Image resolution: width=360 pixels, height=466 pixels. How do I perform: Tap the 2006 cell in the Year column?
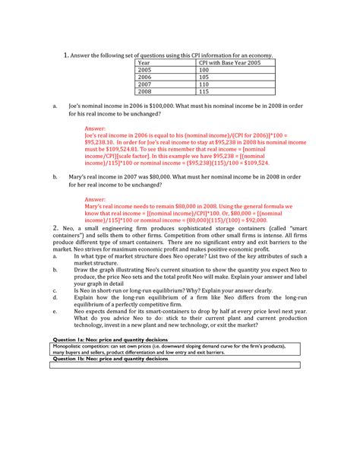click(x=144, y=77)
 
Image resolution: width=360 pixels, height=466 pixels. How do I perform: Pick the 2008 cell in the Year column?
click(x=144, y=91)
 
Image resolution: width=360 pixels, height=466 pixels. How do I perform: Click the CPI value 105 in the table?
click(x=204, y=77)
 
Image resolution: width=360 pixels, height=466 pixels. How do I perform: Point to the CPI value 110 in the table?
click(x=204, y=84)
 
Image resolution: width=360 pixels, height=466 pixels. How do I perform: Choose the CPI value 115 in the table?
click(x=204, y=91)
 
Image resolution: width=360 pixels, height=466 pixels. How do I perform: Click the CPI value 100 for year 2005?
click(x=204, y=70)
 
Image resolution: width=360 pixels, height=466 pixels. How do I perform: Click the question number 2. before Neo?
click(x=55, y=228)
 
